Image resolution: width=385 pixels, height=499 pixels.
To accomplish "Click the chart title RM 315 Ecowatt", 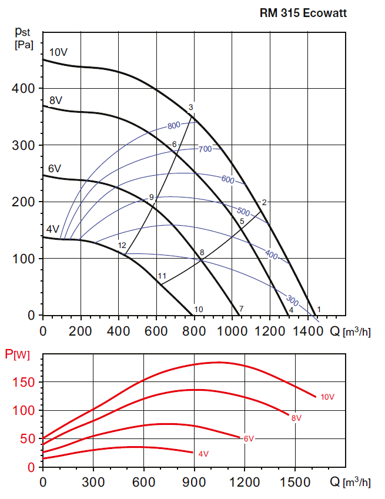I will tap(303, 11).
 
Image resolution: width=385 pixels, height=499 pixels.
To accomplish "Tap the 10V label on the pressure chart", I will tap(58, 52).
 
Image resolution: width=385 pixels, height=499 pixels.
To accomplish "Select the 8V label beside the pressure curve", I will tap(56, 101).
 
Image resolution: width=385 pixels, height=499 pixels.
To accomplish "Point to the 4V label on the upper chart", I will tap(53, 229).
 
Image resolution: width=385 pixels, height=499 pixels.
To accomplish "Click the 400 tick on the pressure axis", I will tap(24, 89).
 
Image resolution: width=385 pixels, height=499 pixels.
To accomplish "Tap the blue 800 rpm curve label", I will tap(173, 126).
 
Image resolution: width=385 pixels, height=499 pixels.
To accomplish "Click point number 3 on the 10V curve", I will tap(191, 108).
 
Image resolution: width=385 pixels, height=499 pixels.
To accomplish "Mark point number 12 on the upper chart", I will tap(122, 245).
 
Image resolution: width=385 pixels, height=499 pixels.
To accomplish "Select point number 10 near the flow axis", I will tap(199, 309).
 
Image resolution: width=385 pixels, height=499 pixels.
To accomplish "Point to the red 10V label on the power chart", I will tap(327, 397).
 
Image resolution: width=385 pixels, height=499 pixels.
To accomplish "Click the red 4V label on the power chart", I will tap(203, 454).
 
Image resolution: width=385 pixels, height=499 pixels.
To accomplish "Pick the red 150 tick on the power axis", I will tap(25, 383).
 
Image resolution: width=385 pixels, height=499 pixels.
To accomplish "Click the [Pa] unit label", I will tap(24, 43).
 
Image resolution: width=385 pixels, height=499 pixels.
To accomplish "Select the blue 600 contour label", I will tap(227, 179).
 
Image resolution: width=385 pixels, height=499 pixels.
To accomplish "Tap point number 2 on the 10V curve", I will tap(265, 202).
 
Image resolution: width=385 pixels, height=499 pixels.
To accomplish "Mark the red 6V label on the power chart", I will tap(248, 438).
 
